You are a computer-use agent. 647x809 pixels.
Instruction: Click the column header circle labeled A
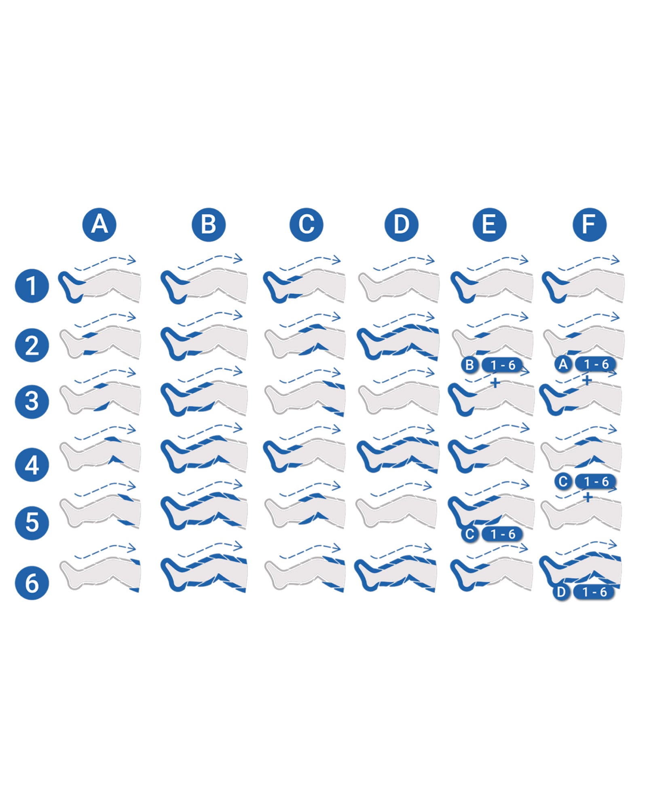pos(99,224)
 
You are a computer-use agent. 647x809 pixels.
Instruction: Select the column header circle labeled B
pos(209,224)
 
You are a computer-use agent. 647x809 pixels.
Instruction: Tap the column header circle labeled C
pos(307,224)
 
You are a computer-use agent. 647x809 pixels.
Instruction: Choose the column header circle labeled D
pos(401,224)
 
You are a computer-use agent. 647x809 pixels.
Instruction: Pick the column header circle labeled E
pos(489,224)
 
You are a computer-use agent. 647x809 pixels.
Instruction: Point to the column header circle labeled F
pos(590,224)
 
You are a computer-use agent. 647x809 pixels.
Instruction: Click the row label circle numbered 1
pos(32,286)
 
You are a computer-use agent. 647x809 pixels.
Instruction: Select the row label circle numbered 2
pos(32,345)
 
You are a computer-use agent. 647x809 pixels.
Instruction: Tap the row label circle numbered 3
pos(32,401)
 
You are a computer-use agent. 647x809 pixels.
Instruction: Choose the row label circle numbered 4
pos(32,465)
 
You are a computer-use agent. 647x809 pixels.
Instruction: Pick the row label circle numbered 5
pos(32,522)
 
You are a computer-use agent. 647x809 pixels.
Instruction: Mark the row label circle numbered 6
pos(32,583)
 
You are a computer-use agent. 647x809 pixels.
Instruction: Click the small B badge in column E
pos(469,365)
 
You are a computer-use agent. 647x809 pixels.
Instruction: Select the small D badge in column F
pos(561,592)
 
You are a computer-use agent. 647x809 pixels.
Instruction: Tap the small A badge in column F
pos(563,364)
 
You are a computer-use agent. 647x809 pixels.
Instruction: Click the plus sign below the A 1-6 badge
pos(587,380)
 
